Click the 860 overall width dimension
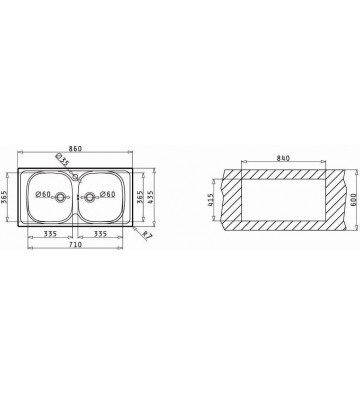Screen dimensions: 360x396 pyautogui.click(x=75, y=149)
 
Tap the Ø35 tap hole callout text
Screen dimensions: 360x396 pyautogui.click(x=62, y=159)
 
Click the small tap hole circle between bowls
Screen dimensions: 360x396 pyautogui.click(x=75, y=176)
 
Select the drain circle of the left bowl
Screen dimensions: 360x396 pyautogui.click(x=60, y=197)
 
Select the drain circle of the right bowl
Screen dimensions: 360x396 pyautogui.click(x=89, y=197)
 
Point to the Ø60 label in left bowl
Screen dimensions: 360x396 pyautogui.click(x=43, y=194)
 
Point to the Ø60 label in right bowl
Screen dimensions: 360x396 pyautogui.click(x=107, y=194)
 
